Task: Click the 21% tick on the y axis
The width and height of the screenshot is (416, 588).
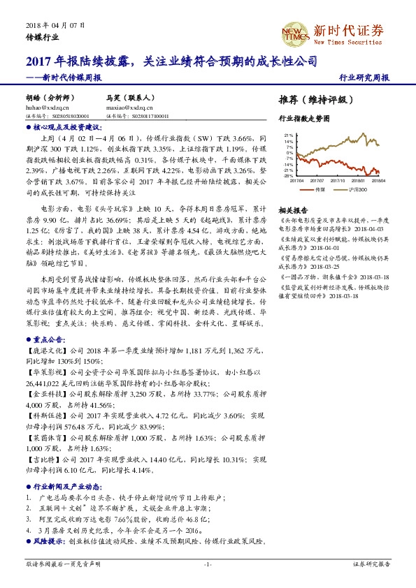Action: click(x=288, y=135)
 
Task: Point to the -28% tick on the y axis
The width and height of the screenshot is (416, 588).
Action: click(x=287, y=176)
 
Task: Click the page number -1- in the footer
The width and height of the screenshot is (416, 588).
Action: click(x=208, y=563)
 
